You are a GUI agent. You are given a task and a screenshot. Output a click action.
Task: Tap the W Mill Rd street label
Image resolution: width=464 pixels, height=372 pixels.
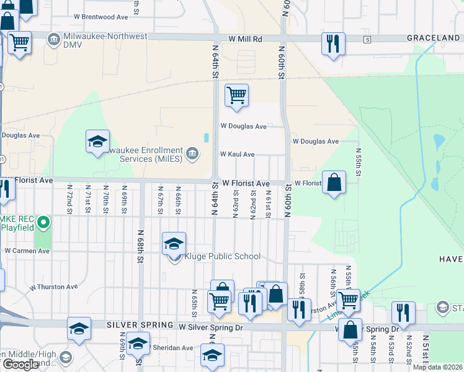click(245, 38)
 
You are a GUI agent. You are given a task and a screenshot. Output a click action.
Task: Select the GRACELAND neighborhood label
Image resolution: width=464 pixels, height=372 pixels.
click(433, 38)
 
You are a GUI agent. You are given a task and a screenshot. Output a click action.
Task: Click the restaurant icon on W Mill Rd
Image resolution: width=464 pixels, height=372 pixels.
click(333, 43)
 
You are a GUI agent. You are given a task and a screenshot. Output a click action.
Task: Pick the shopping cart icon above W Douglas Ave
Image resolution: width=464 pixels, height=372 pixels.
click(236, 95)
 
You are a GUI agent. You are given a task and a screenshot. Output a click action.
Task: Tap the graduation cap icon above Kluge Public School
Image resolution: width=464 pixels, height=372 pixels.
click(174, 243)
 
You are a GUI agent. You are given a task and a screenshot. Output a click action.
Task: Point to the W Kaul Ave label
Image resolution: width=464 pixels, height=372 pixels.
click(237, 154)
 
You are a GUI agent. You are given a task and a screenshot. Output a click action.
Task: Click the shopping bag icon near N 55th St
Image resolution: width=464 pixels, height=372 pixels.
click(334, 182)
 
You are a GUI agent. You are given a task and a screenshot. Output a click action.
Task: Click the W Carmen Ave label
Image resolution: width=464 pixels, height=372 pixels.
click(27, 251)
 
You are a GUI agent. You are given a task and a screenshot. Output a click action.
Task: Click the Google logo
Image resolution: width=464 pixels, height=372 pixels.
click(20, 365)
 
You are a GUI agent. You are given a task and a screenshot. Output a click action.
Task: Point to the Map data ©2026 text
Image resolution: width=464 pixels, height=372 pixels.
click(437, 367)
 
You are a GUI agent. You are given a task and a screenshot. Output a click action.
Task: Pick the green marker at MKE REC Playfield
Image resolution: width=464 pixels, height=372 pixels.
click(43, 221)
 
